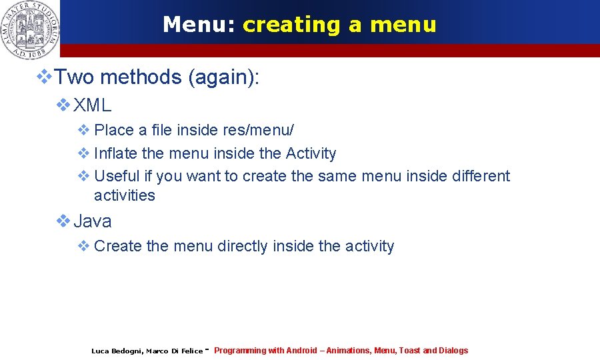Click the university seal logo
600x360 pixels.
pyautogui.click(x=30, y=29)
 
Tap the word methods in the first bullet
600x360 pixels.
pyautogui.click(x=141, y=77)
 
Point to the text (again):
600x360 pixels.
pyautogui.click(x=223, y=77)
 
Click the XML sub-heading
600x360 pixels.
pyautogui.click(x=92, y=105)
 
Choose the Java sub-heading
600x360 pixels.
pyautogui.click(x=92, y=221)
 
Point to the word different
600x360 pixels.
pyautogui.click(x=478, y=176)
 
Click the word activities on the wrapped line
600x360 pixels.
pyautogui.click(x=124, y=195)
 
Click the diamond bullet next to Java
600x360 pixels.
pyautogui.click(x=63, y=220)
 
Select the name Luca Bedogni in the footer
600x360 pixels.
pyautogui.click(x=116, y=351)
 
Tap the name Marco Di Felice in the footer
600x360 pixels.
pyautogui.click(x=174, y=351)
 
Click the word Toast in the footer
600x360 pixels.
pyautogui.click(x=409, y=351)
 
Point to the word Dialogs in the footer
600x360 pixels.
pyautogui.click(x=453, y=351)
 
